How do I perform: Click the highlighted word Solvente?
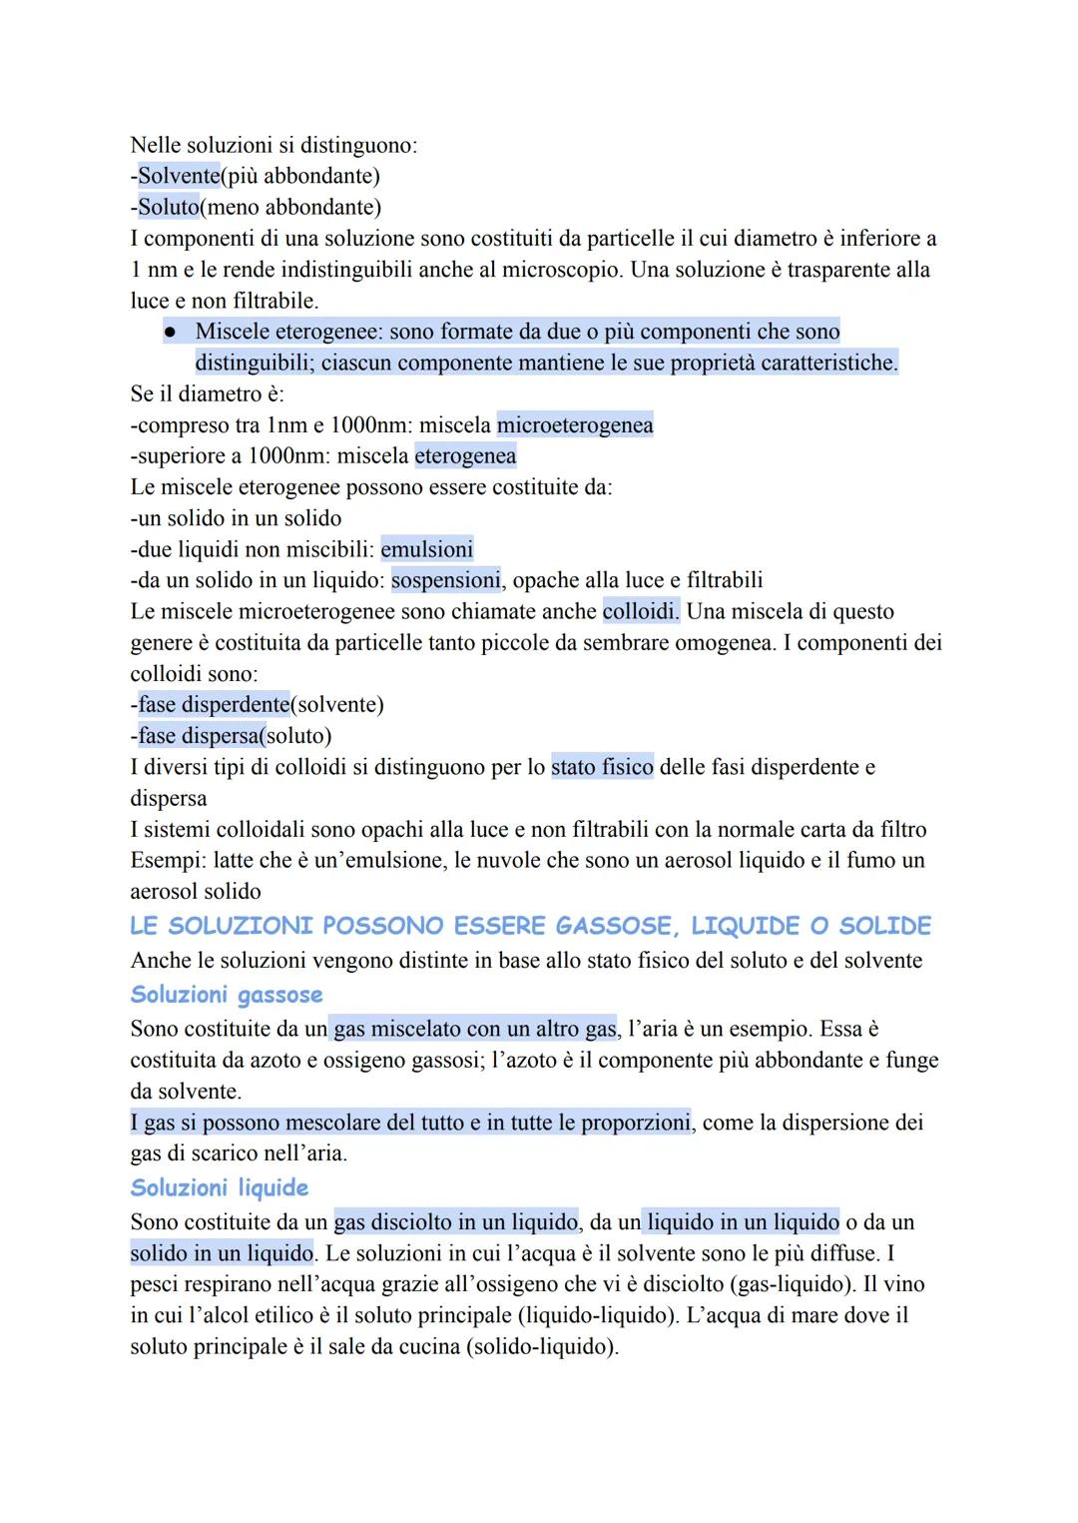point(179,177)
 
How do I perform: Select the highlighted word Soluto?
point(168,208)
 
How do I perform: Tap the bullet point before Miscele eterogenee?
point(171,332)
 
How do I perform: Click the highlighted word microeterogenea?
point(575,425)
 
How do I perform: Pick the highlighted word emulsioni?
point(427,549)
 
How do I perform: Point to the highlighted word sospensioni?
point(446,580)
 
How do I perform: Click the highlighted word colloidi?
point(641,611)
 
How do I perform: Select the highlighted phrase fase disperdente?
point(214,705)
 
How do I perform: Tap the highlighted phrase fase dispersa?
point(203,736)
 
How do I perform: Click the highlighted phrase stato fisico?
point(602,767)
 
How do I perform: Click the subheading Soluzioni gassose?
point(227,995)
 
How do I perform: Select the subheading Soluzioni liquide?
point(220,1187)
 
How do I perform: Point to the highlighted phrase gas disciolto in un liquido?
point(456,1222)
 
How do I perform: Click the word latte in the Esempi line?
point(236,860)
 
